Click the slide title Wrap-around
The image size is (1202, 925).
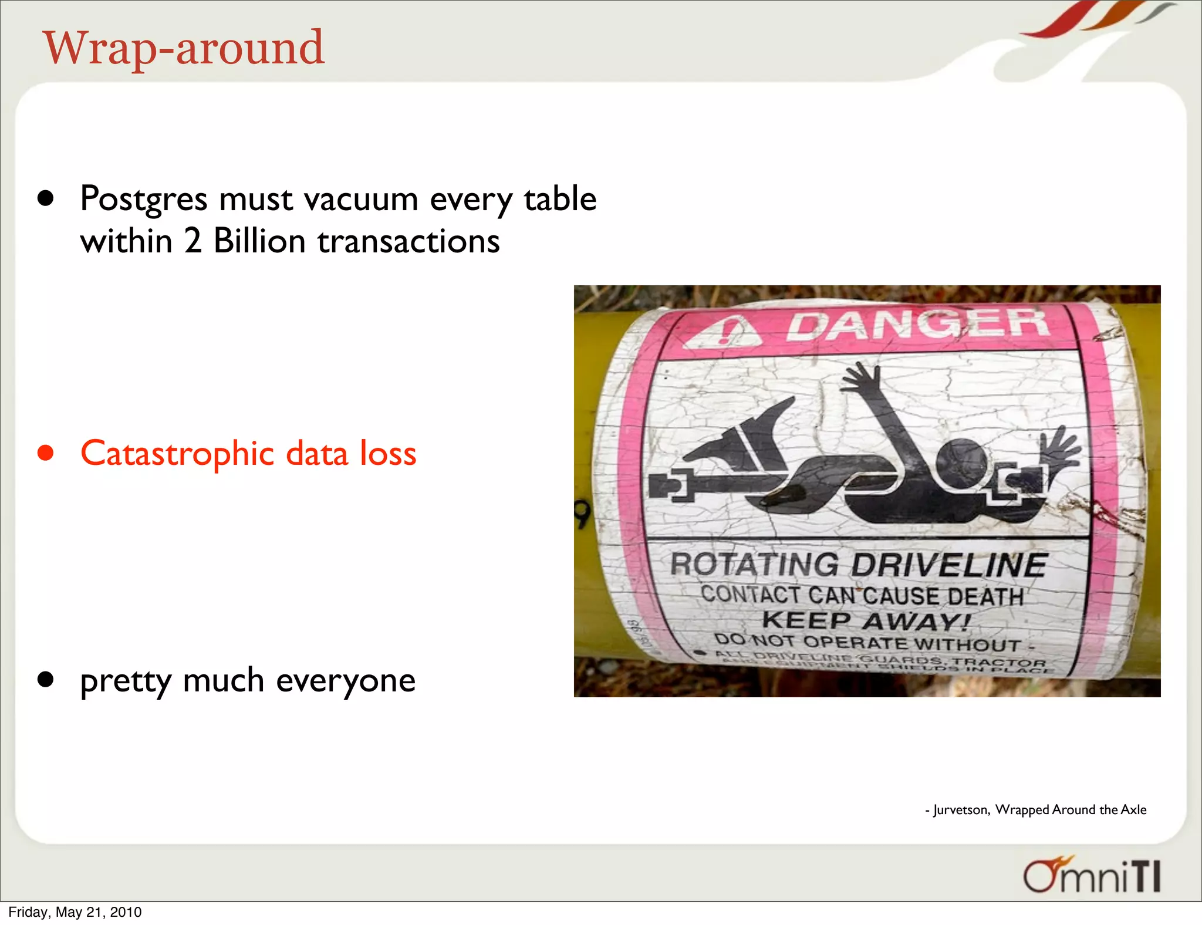183,48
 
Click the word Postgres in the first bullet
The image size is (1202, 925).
143,200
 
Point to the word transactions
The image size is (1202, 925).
408,242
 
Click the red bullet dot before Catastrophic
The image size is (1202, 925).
46,453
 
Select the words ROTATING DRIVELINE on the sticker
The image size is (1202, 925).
858,565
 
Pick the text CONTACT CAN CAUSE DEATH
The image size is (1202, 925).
862,595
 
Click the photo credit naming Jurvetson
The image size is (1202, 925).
1036,810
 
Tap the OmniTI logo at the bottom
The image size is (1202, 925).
1092,876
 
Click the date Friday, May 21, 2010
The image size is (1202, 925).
75,912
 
